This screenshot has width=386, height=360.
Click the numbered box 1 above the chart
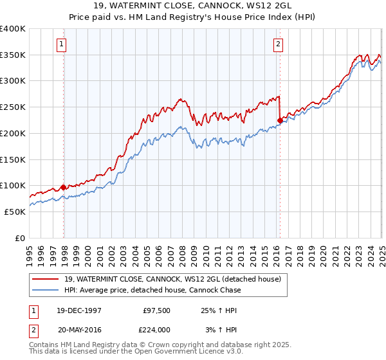[x=61, y=44]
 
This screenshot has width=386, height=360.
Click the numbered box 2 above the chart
[x=278, y=44]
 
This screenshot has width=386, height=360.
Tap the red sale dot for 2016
[x=280, y=120]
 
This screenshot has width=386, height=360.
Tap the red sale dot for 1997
[x=64, y=187]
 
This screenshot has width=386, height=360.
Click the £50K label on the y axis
[x=14, y=212]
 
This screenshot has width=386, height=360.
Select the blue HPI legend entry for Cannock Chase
[x=152, y=290]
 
